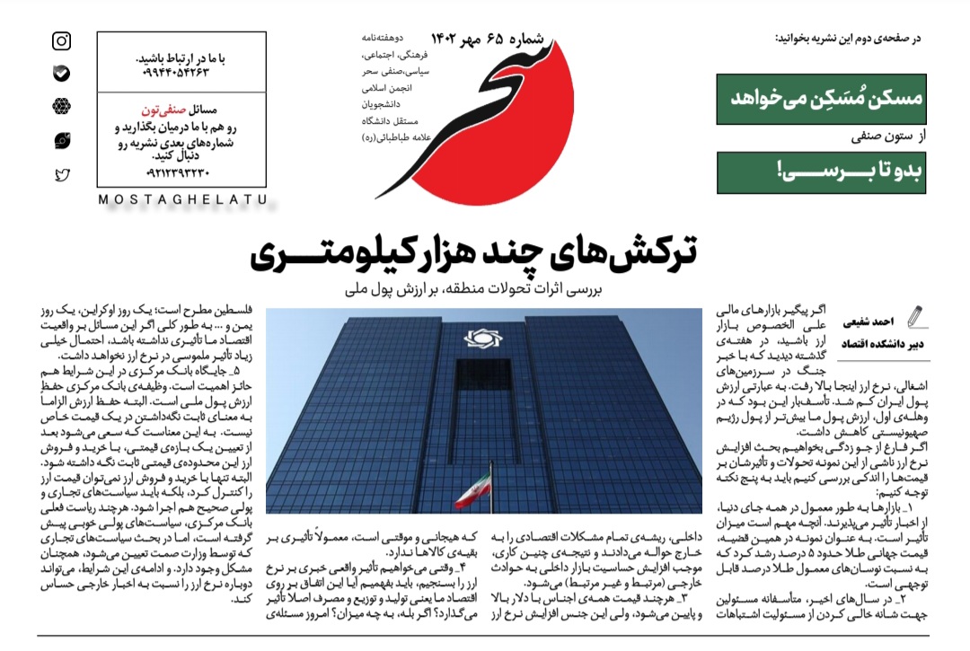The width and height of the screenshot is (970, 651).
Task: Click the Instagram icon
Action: pyautogui.click(x=62, y=41)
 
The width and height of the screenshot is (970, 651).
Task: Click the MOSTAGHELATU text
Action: pyautogui.click(x=181, y=199)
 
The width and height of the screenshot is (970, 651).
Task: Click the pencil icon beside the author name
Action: pyautogui.click(x=915, y=317)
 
